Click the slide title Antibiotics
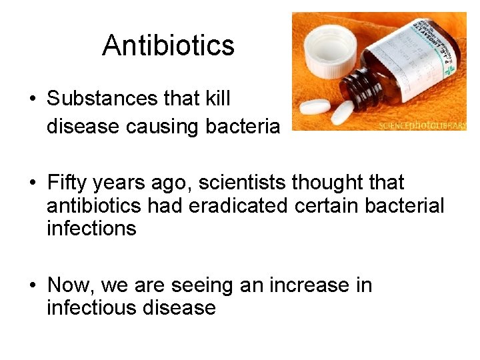tap(168, 46)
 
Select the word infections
tap(91, 229)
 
